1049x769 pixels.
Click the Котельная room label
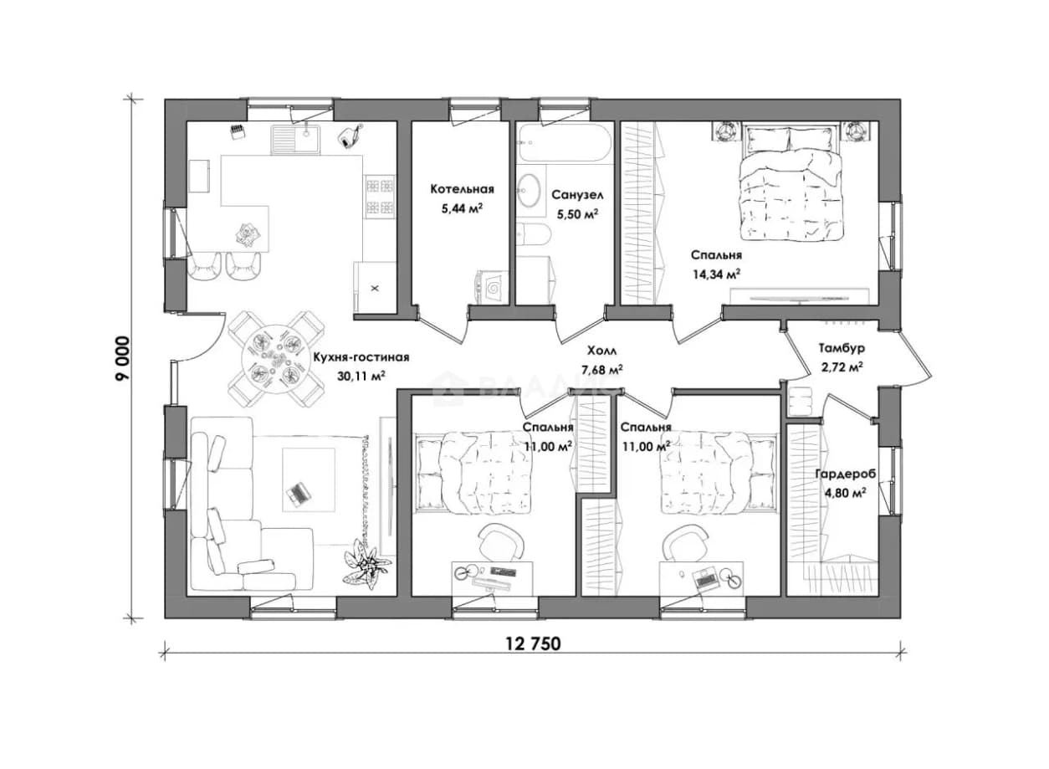(x=462, y=189)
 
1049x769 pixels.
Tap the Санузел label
(x=577, y=195)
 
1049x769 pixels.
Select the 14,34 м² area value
(x=716, y=274)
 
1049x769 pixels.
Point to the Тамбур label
(x=842, y=348)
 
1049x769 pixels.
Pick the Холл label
(x=601, y=351)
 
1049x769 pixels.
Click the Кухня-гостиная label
(x=361, y=358)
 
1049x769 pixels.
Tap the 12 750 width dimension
(x=533, y=644)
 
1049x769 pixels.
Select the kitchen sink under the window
(x=295, y=139)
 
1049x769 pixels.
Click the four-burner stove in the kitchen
(x=380, y=197)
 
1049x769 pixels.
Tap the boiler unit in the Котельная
(x=491, y=288)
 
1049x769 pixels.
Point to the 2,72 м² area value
(x=842, y=367)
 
